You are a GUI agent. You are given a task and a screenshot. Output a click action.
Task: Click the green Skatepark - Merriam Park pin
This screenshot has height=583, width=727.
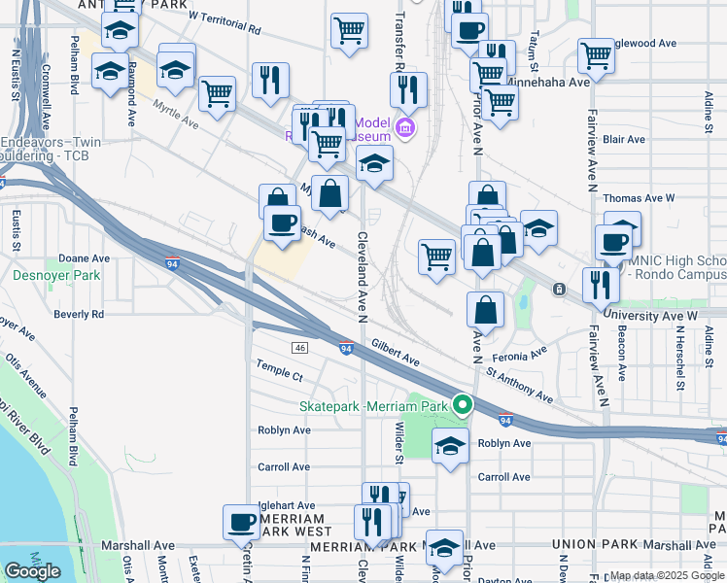coord(465,404)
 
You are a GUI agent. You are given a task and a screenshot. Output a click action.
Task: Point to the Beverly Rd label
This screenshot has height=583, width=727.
coord(79,314)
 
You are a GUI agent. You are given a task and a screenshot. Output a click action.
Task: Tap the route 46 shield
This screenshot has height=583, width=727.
coord(299,347)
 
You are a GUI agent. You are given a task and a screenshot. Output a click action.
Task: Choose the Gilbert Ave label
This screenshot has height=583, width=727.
coord(395,353)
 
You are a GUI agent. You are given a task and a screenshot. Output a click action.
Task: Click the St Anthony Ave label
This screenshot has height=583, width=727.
coord(519,383)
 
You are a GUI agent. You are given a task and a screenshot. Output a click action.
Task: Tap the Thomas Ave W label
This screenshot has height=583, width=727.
coord(639,198)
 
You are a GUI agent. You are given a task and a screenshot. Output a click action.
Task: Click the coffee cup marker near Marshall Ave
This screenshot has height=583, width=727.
coord(241,522)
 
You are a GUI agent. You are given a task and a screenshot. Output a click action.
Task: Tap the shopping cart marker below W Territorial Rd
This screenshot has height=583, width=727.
coord(349,30)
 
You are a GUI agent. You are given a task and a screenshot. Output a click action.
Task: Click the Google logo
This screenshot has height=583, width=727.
coord(32,571)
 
